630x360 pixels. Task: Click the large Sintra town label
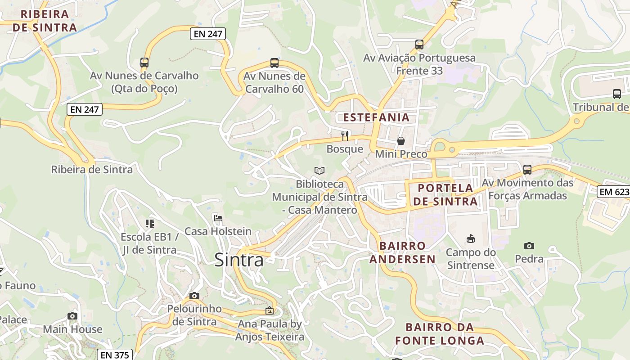point(239,260)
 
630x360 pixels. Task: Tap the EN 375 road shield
point(115,355)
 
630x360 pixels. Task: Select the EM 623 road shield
point(614,192)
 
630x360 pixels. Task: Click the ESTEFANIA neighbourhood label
point(376,117)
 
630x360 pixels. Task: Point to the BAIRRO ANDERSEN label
point(402,252)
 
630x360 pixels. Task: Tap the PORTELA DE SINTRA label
point(445,194)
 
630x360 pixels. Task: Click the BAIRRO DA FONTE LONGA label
point(440,334)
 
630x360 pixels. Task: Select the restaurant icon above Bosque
point(345,135)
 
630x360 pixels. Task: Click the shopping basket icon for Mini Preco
point(401,141)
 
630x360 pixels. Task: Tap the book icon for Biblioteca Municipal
point(319,171)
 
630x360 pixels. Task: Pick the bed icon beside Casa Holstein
point(218,219)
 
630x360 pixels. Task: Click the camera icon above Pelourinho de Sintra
point(194,296)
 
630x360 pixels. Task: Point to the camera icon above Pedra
point(529,246)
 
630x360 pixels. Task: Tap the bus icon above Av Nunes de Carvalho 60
point(274,63)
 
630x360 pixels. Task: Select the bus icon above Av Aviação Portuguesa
point(419,45)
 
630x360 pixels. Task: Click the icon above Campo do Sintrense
point(471,238)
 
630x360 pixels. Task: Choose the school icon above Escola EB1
point(150,223)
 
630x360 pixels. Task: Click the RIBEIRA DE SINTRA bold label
point(44,21)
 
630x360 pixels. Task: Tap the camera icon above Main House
point(72,316)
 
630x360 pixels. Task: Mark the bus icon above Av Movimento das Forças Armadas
point(527,170)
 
